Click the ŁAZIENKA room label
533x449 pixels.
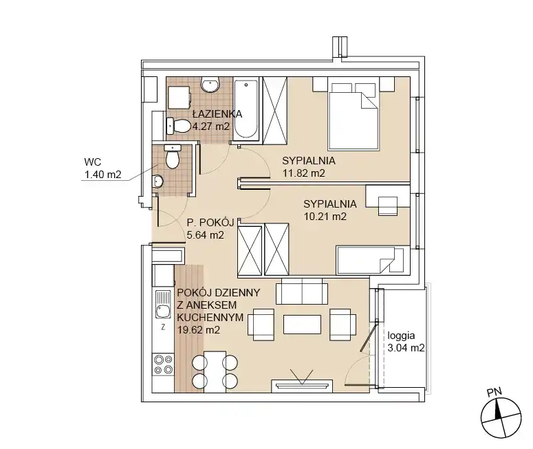coord(217,114)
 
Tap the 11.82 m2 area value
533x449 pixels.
coord(304,173)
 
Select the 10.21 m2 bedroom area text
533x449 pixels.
coord(325,217)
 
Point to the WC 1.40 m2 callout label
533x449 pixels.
coord(102,168)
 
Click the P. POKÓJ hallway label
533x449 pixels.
coord(210,223)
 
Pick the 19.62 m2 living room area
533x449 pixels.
coord(199,329)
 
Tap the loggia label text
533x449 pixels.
coord(401,336)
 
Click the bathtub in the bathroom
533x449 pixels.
coord(246,109)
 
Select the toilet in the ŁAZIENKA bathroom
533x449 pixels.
coord(178,126)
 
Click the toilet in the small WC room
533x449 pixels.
coord(173,156)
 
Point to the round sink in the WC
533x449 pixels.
coord(157,181)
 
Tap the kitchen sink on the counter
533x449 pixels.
coord(163,304)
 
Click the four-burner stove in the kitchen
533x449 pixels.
coord(163,364)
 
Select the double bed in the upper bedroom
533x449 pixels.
coord(353,113)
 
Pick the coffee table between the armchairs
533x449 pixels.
coord(302,325)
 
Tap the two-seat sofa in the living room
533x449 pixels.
coord(302,292)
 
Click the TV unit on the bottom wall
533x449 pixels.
coord(302,386)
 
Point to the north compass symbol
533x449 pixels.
coord(501,418)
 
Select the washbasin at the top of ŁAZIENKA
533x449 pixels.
coord(210,85)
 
